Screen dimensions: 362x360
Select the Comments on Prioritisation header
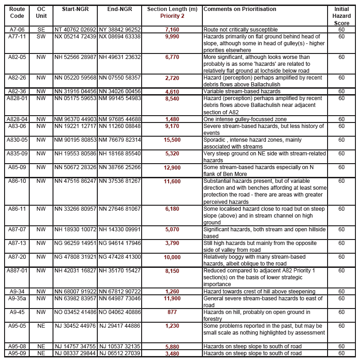(240, 9)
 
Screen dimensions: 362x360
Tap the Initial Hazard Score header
(342, 16)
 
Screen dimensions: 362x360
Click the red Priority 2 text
(172, 16)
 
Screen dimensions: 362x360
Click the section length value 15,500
(172, 140)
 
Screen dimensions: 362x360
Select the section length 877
(172, 312)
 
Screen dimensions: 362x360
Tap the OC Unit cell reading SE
(41, 30)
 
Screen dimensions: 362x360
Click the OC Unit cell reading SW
(41, 36)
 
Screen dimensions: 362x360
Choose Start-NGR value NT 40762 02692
(75, 30)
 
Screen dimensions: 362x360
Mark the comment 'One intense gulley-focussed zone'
(246, 119)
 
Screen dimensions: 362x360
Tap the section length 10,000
(172, 257)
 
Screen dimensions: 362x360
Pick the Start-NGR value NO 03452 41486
(75, 312)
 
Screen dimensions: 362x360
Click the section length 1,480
(172, 119)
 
